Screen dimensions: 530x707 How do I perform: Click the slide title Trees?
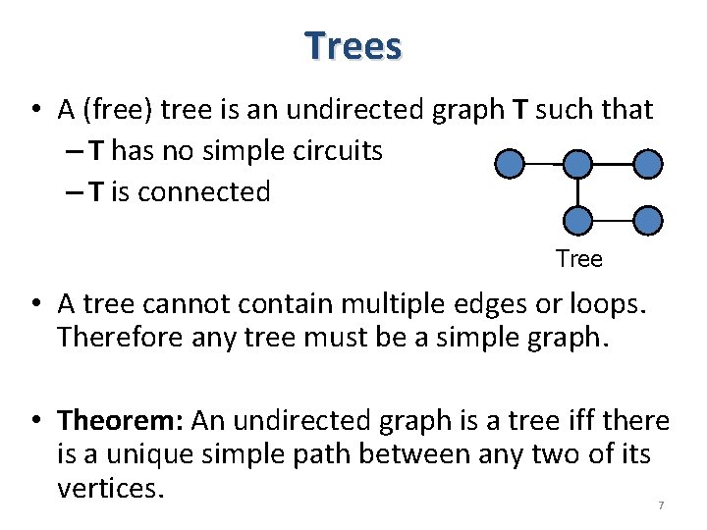[x=353, y=46]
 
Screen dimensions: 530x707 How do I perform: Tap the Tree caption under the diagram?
[x=578, y=259]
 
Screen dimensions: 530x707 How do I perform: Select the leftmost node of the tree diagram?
[x=509, y=164]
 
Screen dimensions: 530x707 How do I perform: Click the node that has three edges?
[x=578, y=164]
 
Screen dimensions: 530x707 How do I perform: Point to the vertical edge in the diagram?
[x=578, y=192]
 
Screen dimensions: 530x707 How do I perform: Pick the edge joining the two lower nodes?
[x=613, y=220]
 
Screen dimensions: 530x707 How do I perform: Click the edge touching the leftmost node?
[x=543, y=164]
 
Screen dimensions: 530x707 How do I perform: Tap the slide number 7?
[x=661, y=504]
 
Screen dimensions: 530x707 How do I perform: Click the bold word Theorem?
[x=121, y=421]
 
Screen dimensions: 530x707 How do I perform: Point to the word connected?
[x=204, y=192]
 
